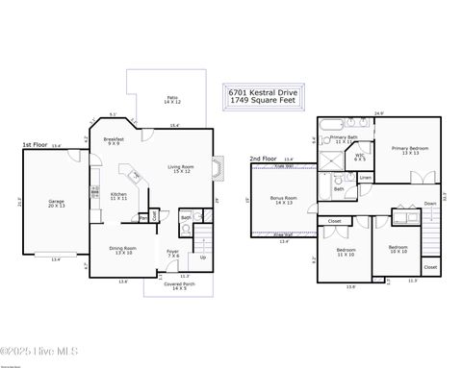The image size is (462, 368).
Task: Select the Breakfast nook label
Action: point(114,141)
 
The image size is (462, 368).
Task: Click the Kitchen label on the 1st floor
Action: point(118,196)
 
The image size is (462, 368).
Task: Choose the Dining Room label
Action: point(122,250)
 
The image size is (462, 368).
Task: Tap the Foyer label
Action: point(173,254)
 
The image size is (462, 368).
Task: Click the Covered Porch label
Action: point(166,286)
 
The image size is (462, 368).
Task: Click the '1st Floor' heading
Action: point(36,145)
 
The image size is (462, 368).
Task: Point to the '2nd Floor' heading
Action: point(263,159)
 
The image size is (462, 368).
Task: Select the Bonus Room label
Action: point(283,201)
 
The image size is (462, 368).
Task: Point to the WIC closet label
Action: point(359,158)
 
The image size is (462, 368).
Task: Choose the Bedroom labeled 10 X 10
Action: point(398,249)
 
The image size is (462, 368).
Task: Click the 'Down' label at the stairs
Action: point(429,204)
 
